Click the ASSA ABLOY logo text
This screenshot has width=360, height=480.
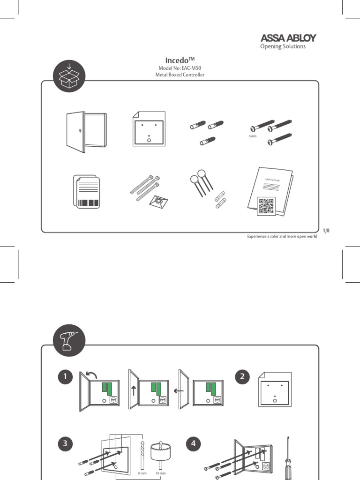point(288,37)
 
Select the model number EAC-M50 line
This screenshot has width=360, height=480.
point(180,68)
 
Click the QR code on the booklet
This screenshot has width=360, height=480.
point(265,206)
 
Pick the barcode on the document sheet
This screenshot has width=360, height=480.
point(88,203)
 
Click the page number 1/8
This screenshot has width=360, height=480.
point(326,230)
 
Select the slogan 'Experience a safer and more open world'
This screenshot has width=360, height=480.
point(282,237)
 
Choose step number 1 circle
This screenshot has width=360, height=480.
point(67,377)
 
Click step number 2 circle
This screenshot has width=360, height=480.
point(242,377)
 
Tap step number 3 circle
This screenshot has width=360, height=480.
point(67,443)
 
